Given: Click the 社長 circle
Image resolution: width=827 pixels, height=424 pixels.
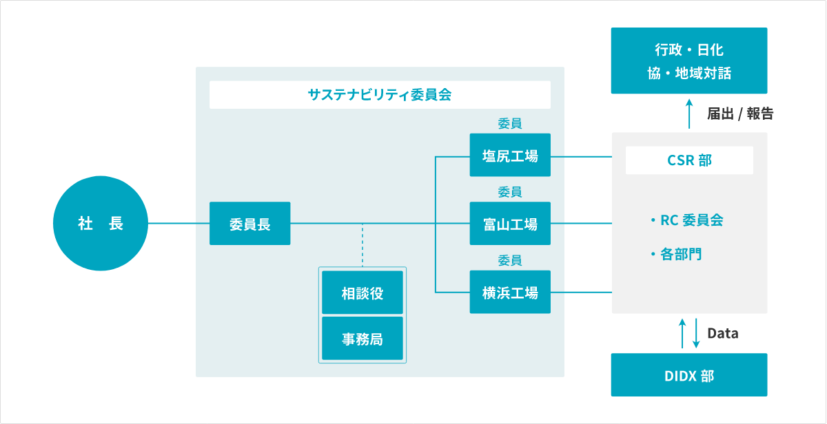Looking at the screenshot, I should click(101, 224).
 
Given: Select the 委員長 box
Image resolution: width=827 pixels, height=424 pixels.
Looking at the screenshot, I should click(249, 224).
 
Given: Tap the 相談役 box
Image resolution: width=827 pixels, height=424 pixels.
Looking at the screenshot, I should click(363, 293).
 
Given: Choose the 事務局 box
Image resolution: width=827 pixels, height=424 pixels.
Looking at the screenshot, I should click(363, 339).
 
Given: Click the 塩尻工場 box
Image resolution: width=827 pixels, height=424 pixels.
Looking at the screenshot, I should click(510, 156).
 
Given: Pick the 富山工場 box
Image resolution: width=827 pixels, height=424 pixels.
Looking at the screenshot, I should click(510, 224).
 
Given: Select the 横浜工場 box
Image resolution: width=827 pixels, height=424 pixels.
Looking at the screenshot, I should click(510, 293).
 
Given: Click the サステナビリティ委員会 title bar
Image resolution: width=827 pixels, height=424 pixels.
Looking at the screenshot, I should click(380, 95).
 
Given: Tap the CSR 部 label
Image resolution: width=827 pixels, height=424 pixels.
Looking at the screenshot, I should click(689, 160).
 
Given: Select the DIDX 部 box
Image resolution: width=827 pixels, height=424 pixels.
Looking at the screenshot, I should click(689, 375).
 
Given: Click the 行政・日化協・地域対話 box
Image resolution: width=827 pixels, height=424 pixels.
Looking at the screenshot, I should click(689, 61).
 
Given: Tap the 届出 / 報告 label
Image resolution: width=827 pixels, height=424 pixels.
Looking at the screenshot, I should click(740, 114).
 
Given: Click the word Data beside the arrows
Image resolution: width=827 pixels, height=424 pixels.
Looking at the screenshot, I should click(723, 334).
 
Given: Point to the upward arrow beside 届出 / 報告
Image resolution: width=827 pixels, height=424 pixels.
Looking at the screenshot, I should click(690, 113).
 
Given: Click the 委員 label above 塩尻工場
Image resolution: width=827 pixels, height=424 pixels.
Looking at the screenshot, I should click(510, 124).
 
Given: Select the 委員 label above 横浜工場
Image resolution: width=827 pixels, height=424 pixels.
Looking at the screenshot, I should click(510, 261).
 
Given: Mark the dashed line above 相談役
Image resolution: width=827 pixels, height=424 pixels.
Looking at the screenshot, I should click(363, 245).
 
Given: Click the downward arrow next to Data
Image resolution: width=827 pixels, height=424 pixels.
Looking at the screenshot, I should click(697, 333).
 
